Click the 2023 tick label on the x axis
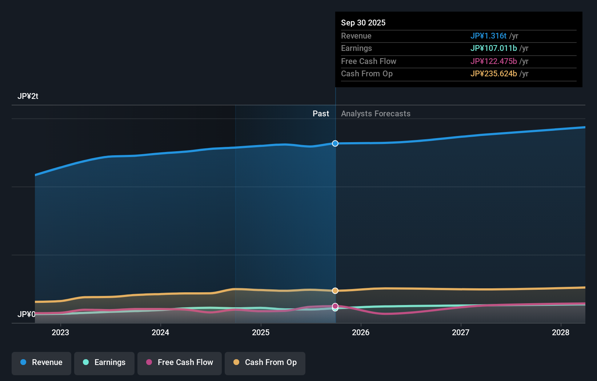point(60,332)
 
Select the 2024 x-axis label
point(160,332)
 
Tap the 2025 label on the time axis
point(261,332)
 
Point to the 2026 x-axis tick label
point(361,332)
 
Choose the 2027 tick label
point(461,332)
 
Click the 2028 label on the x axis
point(561,332)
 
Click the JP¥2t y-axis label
point(28,96)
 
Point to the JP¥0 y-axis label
point(26,314)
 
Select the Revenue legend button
point(41,362)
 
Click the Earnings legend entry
point(104,362)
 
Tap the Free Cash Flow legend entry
point(180,362)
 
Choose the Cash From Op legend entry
point(265,362)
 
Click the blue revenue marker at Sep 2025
point(335,144)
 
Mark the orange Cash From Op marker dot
point(335,291)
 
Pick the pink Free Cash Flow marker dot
point(335,306)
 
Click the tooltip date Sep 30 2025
point(363,23)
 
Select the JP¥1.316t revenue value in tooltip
point(488,36)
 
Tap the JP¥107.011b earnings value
point(493,48)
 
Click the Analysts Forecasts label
point(376,114)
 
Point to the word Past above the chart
point(321,114)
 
